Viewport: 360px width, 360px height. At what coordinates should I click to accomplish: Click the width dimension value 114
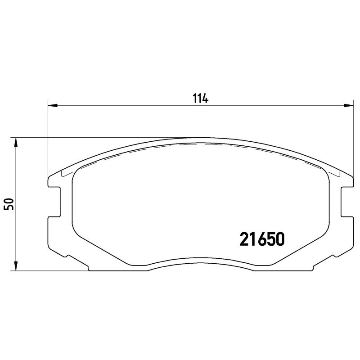(200, 98)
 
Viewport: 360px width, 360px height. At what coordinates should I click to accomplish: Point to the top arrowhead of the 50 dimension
(16, 142)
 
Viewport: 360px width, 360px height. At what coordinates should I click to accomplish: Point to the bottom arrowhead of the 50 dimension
(16, 266)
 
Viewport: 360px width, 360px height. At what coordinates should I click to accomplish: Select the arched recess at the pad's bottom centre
(200, 263)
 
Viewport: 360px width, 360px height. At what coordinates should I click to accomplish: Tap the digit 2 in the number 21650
(244, 239)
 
